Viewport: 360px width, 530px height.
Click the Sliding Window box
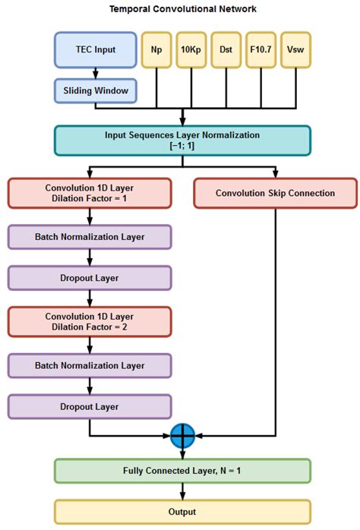pos(95,90)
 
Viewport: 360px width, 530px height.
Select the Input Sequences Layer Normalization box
pos(182,140)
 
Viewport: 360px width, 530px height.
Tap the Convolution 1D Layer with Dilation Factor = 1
pos(90,193)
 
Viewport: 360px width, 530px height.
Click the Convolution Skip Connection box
pos(275,193)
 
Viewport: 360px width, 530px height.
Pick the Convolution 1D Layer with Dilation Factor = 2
pos(90,321)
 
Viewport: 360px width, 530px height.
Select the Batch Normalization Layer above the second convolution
pos(90,236)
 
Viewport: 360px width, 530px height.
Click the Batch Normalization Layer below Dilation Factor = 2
pos(90,365)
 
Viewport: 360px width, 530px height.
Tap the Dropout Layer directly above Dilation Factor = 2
pos(90,278)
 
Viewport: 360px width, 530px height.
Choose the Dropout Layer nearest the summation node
pos(90,406)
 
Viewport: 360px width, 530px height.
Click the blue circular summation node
pos(182,436)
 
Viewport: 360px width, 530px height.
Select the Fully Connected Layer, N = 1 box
pos(182,471)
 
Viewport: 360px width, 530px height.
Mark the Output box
pos(182,511)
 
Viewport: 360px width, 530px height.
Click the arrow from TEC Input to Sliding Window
pos(95,72)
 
